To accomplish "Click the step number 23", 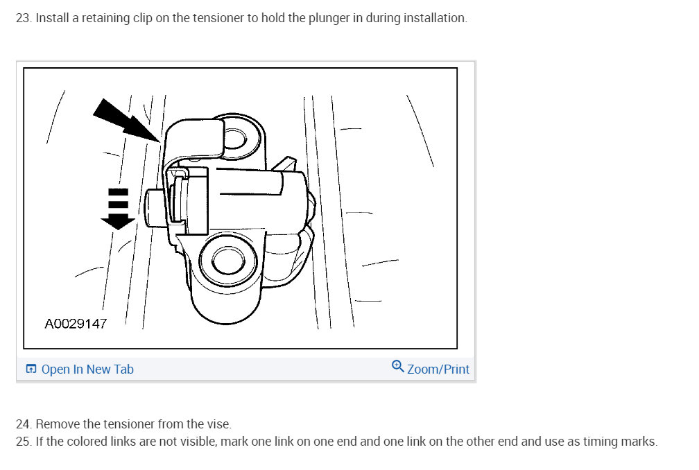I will tap(23, 18).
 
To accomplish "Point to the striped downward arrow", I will tap(118, 208).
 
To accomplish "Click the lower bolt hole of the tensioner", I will tap(225, 260).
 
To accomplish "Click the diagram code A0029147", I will tap(76, 323).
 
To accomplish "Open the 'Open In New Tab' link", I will tap(87, 369).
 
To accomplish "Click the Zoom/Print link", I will tap(438, 369).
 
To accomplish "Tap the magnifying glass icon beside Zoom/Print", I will tap(398, 367).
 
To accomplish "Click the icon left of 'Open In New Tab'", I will tap(31, 369).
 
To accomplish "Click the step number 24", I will tap(23, 424).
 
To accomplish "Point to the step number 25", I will tap(23, 442).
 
